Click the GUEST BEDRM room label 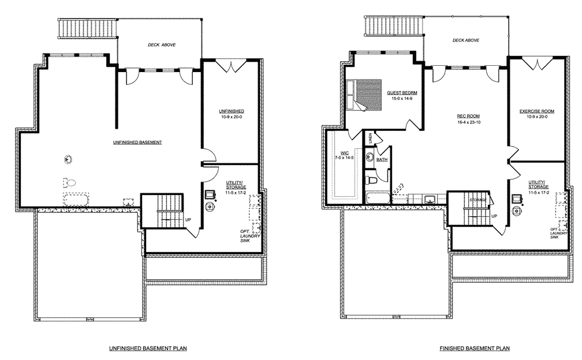(402, 92)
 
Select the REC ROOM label (469, 116)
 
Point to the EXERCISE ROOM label (536, 111)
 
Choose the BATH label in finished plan (382, 160)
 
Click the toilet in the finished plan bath (372, 182)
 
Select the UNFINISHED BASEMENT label (137, 142)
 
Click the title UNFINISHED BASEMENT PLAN (148, 348)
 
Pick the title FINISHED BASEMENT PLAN (474, 348)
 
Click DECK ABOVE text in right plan (466, 40)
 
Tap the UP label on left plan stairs (188, 220)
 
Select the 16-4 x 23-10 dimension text (469, 123)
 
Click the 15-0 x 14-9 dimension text (402, 99)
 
